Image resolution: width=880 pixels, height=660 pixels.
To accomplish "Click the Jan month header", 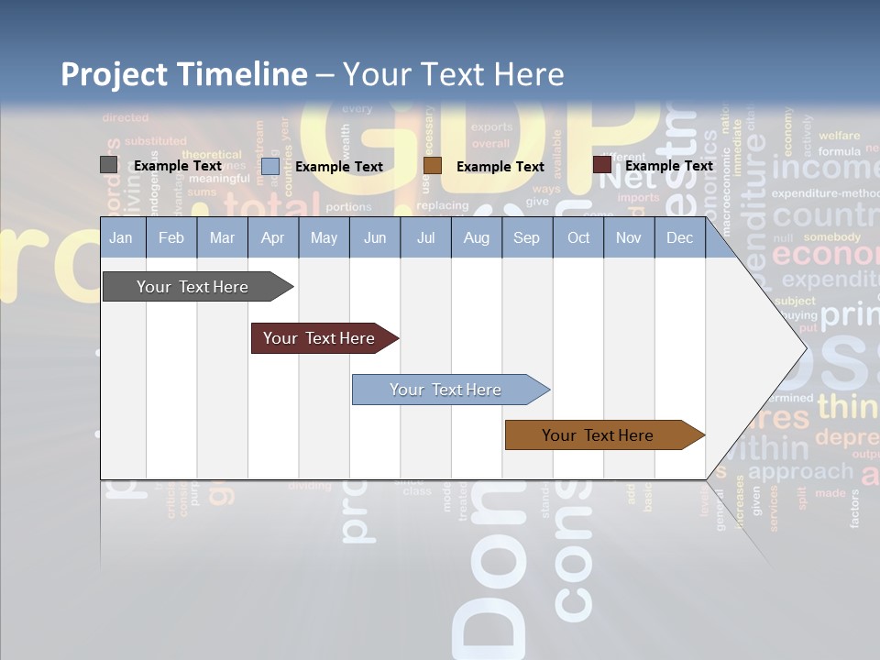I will [121, 238].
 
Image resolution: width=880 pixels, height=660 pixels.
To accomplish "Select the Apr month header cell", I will [272, 238].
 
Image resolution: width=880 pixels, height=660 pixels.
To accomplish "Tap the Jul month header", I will [425, 238].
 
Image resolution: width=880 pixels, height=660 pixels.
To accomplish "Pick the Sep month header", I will [526, 238].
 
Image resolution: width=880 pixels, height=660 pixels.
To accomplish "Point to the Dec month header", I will [679, 238].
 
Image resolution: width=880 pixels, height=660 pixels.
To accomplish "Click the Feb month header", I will [171, 238].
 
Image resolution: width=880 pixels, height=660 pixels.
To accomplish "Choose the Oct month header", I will [578, 238].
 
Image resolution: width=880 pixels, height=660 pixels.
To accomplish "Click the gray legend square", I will [109, 165].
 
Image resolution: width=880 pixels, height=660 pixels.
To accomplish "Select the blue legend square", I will [270, 166].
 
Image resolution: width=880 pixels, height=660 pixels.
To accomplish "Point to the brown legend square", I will [433, 166].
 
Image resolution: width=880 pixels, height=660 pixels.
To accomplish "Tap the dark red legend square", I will [602, 165].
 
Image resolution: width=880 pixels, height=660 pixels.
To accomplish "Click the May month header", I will [324, 238].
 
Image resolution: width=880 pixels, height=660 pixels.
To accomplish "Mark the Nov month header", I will [629, 238].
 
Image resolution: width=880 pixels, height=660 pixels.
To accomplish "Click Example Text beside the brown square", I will [500, 167].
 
